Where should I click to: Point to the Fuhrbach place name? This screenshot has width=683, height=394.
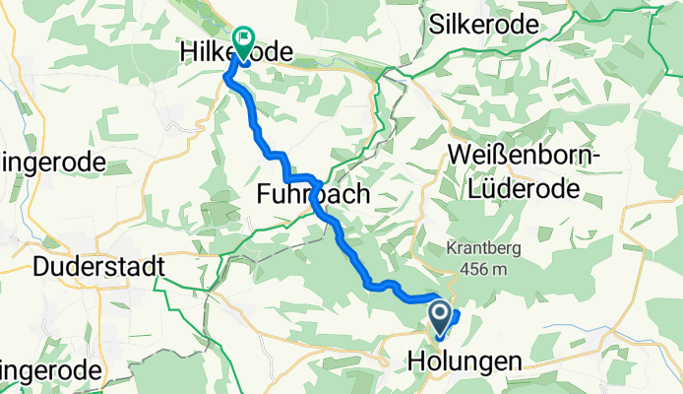314,194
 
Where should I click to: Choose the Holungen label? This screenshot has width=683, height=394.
463,363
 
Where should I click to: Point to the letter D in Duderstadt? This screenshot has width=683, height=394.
41,267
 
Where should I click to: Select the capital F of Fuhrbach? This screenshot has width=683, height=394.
264,194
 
